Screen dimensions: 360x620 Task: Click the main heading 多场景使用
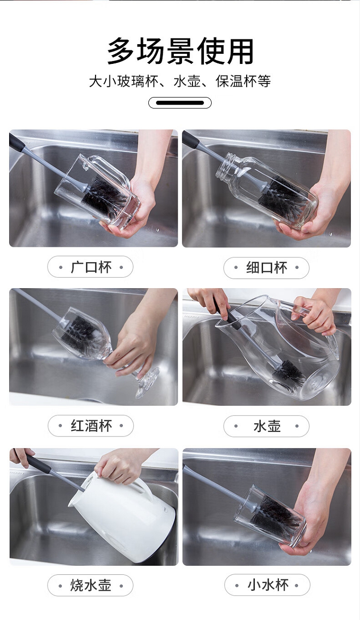click(x=180, y=51)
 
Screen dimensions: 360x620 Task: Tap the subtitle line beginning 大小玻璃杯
click(x=180, y=81)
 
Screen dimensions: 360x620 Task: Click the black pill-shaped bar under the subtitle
click(x=180, y=103)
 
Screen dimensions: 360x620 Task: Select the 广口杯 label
click(x=91, y=267)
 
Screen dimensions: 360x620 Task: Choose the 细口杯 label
click(x=266, y=267)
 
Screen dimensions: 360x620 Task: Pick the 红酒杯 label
click(x=91, y=425)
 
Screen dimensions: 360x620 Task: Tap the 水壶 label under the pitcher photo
click(x=266, y=425)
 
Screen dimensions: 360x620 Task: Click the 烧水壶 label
click(x=91, y=585)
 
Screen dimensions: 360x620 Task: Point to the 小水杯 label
click(x=267, y=585)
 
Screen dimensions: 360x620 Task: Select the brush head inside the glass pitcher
click(x=289, y=373)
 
